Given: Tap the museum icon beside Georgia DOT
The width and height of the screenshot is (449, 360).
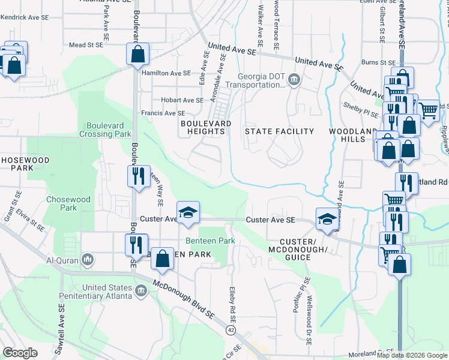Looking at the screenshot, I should click(x=294, y=79).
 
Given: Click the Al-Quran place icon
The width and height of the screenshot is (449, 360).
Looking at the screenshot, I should click(x=88, y=260).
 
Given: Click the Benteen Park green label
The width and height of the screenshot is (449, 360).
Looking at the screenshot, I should click(x=210, y=241).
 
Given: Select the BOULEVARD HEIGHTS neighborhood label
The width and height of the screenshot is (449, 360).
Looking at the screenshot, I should click(x=206, y=127).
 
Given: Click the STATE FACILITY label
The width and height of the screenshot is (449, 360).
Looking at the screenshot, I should click(x=280, y=131).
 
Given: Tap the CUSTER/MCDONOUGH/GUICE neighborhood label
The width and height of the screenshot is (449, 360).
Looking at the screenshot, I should click(x=290, y=248).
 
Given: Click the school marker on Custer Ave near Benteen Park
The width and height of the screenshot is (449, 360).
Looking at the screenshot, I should click(x=188, y=212).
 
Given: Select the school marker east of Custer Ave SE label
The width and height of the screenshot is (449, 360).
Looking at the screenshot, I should click(x=327, y=218).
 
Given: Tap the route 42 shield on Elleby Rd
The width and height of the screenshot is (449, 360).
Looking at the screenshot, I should click(x=231, y=330).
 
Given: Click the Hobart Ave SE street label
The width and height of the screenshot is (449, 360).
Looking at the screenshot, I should click(x=181, y=100).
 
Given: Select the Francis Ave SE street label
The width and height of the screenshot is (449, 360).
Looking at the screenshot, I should click(x=163, y=113).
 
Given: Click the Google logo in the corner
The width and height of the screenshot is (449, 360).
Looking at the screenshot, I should click(x=20, y=353).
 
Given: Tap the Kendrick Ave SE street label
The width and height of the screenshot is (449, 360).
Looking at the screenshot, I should click(x=25, y=17).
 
